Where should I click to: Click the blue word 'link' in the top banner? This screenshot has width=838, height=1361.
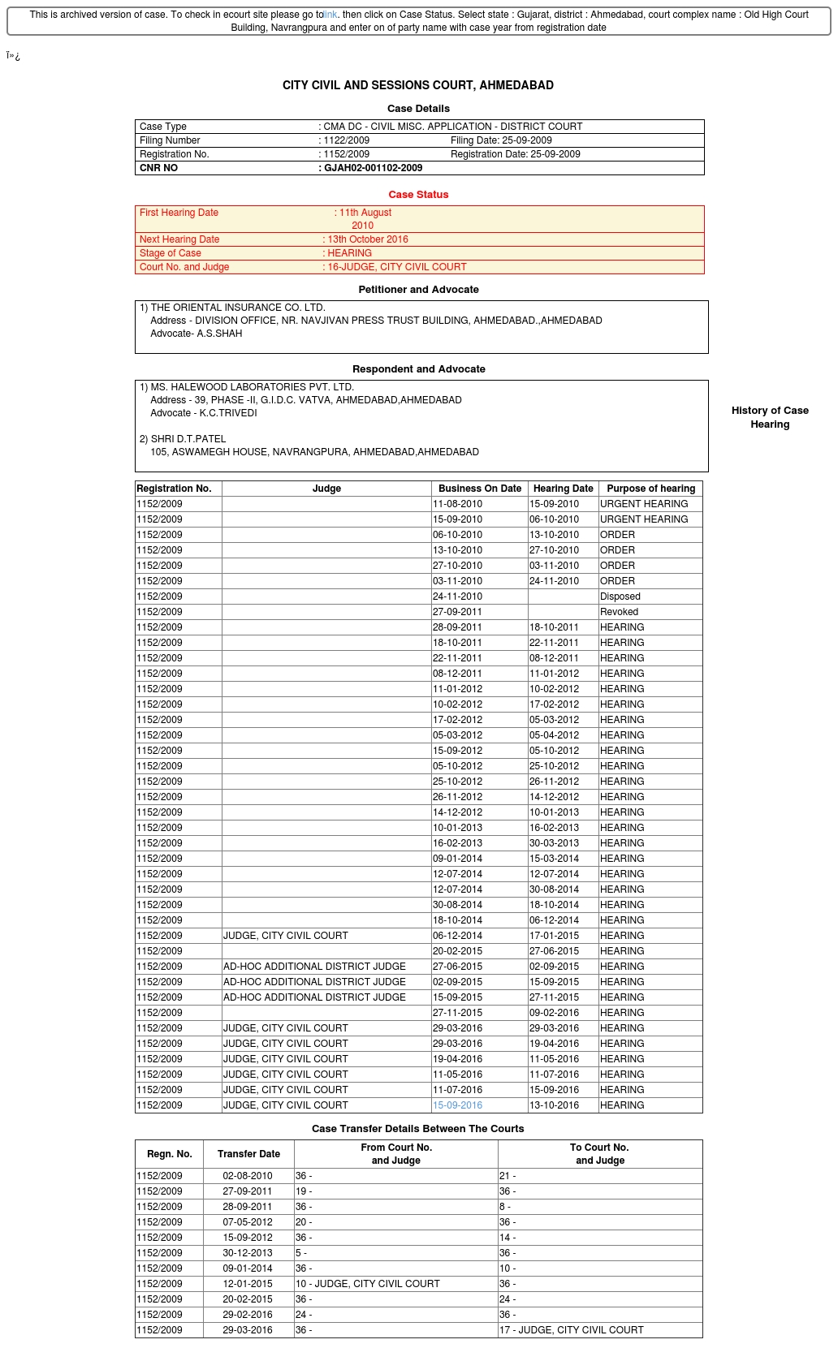pyautogui.click(x=330, y=15)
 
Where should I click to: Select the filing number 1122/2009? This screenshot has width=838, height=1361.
pyautogui.click(x=347, y=140)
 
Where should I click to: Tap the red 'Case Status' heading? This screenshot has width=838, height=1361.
pyautogui.click(x=418, y=195)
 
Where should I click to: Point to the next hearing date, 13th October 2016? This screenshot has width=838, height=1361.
pyautogui.click(x=368, y=239)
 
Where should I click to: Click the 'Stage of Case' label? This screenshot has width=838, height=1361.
pyautogui.click(x=171, y=253)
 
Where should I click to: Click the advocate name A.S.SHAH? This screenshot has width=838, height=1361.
pyautogui.click(x=219, y=334)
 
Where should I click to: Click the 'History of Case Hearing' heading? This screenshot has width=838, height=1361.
pyautogui.click(x=770, y=417)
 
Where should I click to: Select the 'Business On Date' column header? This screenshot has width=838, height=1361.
pyautogui.click(x=480, y=489)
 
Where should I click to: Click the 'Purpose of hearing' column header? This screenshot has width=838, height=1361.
pyautogui.click(x=650, y=489)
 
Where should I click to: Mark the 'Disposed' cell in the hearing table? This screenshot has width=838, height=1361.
pyautogui.click(x=620, y=597)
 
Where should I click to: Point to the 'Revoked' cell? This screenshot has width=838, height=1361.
pyautogui.click(x=619, y=612)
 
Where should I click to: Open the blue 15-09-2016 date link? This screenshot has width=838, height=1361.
pyautogui.click(x=457, y=1105)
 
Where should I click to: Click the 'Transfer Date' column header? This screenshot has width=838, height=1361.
pyautogui.click(x=248, y=1154)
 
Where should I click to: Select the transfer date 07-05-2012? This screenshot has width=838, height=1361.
pyautogui.click(x=248, y=1222)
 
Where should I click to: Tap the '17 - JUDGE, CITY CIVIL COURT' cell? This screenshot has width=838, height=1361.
pyautogui.click(x=572, y=1330)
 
